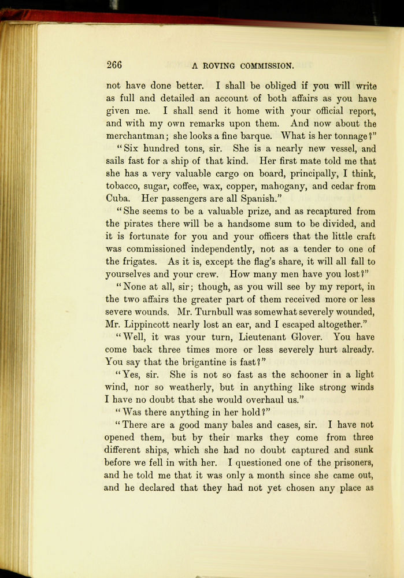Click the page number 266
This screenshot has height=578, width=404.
coord(114,64)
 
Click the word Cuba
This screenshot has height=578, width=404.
coord(118,199)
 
